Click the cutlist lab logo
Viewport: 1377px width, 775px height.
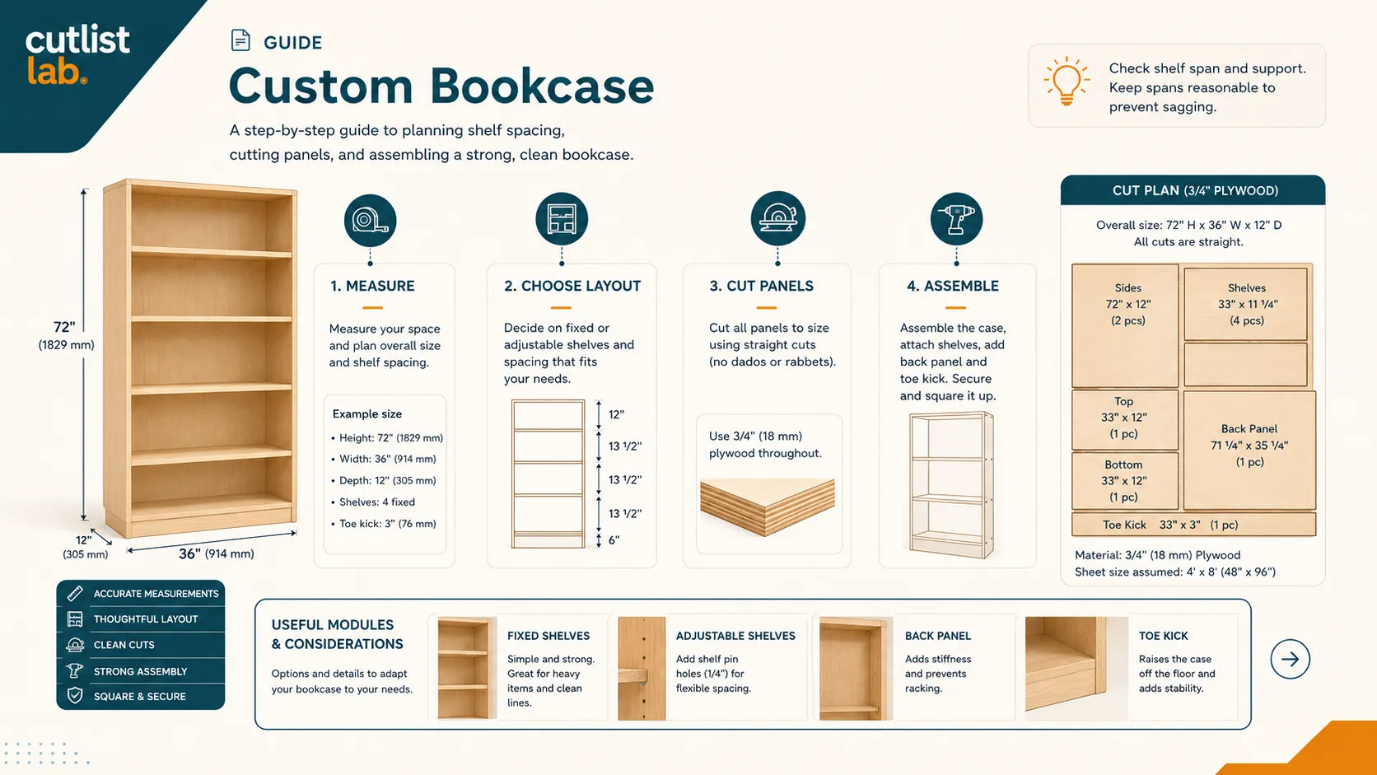[77, 55]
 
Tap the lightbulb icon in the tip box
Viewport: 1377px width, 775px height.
[1067, 82]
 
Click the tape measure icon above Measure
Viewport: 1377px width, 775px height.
[370, 220]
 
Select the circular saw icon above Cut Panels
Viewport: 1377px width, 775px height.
[777, 218]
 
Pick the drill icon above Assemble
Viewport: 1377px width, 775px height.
[956, 219]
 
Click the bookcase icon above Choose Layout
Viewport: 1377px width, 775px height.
[561, 219]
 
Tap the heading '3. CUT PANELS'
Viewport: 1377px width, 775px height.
[761, 286]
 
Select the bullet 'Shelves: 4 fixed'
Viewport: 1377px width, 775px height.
[377, 502]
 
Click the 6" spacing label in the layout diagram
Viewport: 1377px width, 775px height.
[614, 540]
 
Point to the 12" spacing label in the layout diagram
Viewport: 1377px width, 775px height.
[617, 415]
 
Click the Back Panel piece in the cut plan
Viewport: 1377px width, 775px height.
[1249, 451]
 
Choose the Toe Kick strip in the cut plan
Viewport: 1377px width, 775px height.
[1194, 525]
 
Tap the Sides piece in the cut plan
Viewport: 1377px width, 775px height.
[1125, 326]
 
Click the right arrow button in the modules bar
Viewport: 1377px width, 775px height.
[1290, 660]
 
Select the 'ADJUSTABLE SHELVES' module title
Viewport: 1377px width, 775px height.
[735, 636]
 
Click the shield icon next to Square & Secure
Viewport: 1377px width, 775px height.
[75, 696]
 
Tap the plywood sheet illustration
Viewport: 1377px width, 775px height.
[768, 506]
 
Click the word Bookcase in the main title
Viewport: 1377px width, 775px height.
[542, 86]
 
